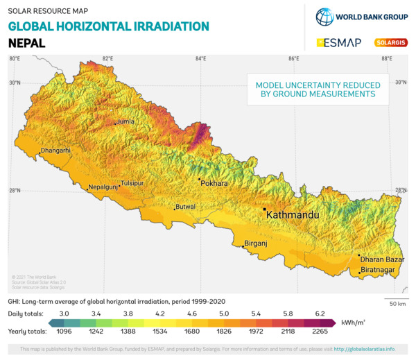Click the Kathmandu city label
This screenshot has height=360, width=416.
tap(293, 215)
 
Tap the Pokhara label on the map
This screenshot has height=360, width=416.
tap(214, 184)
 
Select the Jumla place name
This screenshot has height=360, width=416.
tap(125, 121)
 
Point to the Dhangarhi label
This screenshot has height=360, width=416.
tap(55, 151)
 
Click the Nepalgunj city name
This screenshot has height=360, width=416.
tap(103, 187)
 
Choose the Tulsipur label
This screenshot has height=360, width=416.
tap(132, 183)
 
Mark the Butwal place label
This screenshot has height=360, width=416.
tap(186, 207)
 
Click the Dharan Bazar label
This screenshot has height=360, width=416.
tap(381, 259)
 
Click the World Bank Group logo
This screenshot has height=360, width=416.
tap(361, 17)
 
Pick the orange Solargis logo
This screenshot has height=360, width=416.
tap(391, 43)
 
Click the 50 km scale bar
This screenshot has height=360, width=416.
tap(397, 300)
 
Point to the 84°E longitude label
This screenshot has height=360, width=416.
tap(200, 59)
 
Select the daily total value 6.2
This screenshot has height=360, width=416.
tap(320, 314)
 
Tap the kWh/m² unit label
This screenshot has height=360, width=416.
tap(352, 323)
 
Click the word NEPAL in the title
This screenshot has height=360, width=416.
tap(26, 43)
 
